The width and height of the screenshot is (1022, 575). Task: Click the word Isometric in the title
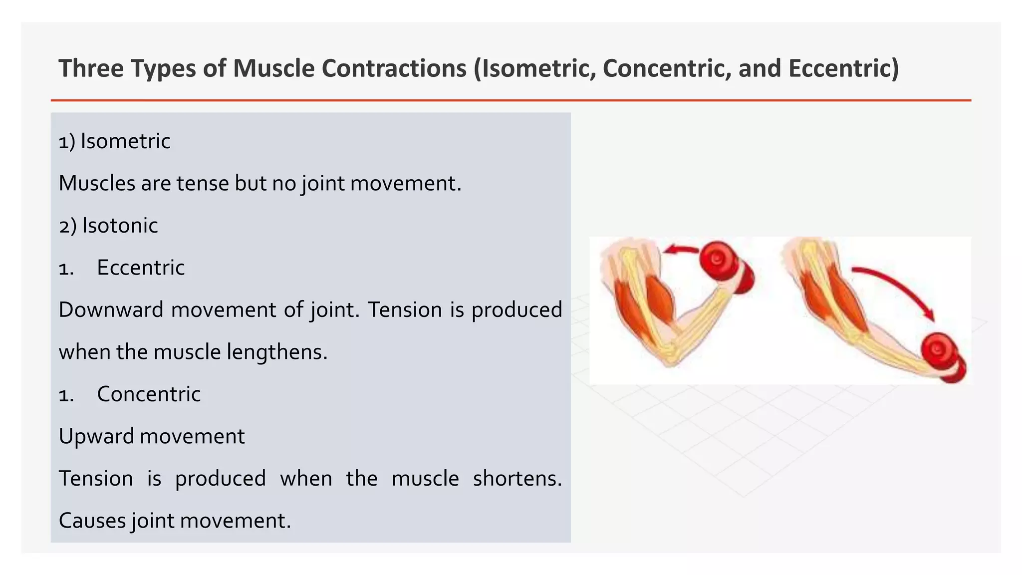click(x=536, y=68)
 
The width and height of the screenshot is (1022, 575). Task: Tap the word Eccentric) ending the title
click(x=844, y=68)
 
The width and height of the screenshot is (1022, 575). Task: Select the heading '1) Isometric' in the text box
click(x=114, y=141)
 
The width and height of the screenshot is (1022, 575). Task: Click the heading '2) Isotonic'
click(x=108, y=226)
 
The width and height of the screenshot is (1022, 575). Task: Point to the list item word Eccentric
click(x=141, y=268)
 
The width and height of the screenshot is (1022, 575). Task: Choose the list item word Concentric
click(x=149, y=394)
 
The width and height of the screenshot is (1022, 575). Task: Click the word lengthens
click(x=277, y=352)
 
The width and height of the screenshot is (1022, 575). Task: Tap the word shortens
click(x=517, y=479)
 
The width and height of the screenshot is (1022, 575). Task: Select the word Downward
click(x=111, y=310)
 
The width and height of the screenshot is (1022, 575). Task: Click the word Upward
click(x=95, y=437)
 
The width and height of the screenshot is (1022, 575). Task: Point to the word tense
click(x=203, y=184)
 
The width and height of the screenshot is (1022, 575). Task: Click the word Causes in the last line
click(x=92, y=521)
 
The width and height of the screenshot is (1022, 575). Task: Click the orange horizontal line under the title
click(x=511, y=100)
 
